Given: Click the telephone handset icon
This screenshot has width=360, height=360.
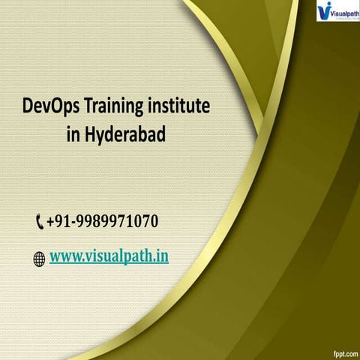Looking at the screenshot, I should click(x=39, y=223).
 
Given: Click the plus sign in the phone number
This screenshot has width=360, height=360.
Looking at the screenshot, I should click(x=49, y=223).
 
